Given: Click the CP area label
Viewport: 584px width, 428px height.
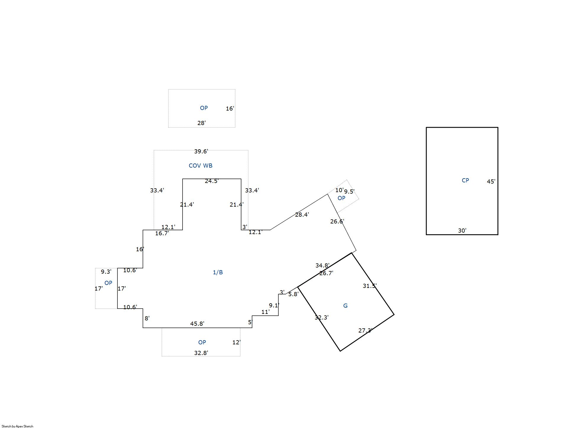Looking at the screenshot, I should (465, 180).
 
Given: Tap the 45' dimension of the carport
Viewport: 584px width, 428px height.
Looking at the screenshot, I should (491, 181).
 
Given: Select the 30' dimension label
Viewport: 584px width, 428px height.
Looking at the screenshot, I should (462, 231).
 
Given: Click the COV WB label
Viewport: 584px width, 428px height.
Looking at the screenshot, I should (200, 166).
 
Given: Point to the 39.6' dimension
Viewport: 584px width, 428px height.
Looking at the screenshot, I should (201, 151).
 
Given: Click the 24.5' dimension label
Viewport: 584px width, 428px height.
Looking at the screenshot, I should (212, 181).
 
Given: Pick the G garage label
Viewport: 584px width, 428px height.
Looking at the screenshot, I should (345, 306).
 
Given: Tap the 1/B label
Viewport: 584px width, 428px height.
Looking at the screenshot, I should (218, 272).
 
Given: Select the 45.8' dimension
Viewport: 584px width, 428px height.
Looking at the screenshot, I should (197, 324).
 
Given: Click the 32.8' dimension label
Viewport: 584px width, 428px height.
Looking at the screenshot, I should (201, 353).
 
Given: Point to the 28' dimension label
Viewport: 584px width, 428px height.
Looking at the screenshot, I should (201, 123).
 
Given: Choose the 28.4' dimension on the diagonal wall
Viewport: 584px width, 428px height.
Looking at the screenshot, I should (302, 215).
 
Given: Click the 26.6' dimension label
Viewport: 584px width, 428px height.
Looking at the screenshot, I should (337, 221).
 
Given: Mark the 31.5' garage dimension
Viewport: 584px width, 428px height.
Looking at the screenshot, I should (370, 286).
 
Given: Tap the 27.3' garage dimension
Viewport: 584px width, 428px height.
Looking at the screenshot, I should (365, 330).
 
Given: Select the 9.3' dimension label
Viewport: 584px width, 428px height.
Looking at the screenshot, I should (106, 272).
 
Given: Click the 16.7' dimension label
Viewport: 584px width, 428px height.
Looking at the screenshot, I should (162, 233).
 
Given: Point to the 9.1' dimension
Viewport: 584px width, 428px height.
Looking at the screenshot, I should (274, 305).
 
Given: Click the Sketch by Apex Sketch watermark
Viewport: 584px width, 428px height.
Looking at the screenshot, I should (17, 426).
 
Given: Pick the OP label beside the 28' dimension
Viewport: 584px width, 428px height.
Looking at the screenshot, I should (204, 108).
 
